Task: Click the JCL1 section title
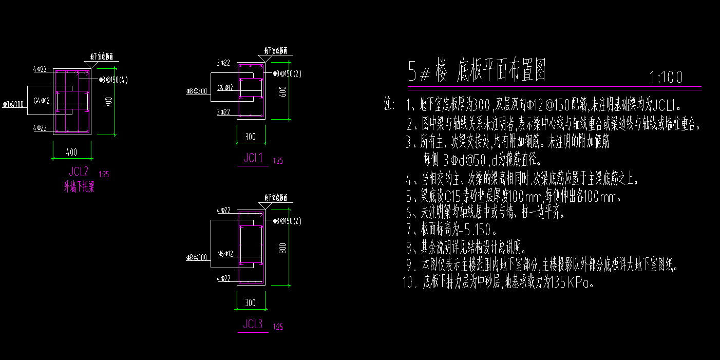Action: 253,159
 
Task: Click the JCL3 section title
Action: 253,324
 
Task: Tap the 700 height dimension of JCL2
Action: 107,102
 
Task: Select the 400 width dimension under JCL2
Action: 72,153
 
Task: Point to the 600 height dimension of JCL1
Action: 281,91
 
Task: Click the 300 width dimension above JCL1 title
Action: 250,136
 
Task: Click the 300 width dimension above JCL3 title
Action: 250,303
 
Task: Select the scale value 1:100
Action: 666,78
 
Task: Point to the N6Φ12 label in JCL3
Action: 225,253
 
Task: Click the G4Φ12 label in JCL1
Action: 225,88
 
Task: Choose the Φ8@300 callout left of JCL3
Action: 196,257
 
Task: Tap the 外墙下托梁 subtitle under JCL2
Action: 79,187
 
